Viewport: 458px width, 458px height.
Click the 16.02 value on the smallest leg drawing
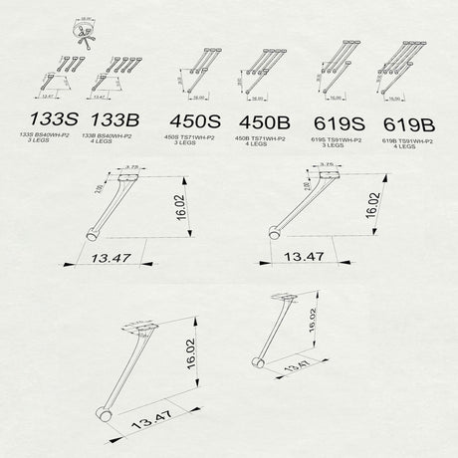(312, 319)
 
